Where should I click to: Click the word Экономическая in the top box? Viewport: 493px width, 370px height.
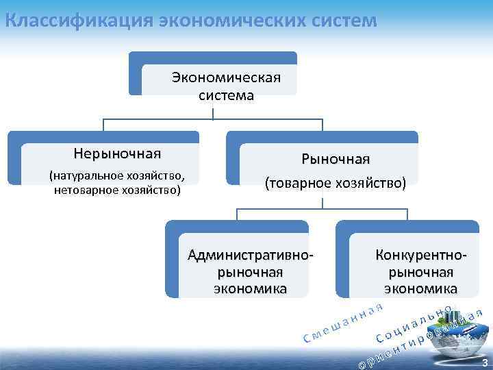226,76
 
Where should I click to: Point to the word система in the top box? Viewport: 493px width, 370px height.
226,95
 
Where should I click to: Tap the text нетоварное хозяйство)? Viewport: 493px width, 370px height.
117,189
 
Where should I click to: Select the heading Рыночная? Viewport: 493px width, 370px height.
336,159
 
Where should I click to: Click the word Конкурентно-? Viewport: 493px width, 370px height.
421,256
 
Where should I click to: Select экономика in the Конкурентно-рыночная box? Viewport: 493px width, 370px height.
421,288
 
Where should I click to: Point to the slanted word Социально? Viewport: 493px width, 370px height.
414,322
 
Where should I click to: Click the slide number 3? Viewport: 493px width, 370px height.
485,362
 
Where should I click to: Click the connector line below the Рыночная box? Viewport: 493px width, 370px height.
322,203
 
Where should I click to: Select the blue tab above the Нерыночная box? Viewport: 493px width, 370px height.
103,136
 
